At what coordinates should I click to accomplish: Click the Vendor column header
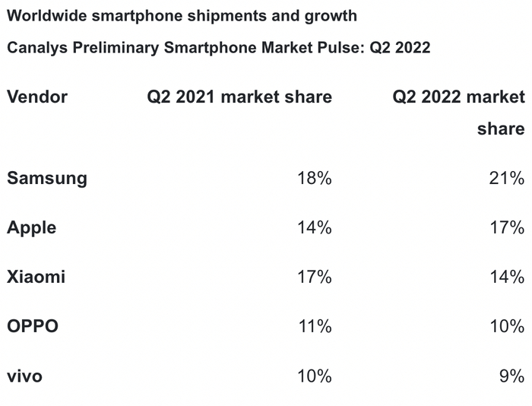tap(37, 97)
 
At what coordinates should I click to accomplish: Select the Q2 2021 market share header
tap(239, 97)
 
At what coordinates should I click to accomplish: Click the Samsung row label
tap(47, 179)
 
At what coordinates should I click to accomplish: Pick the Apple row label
tap(32, 228)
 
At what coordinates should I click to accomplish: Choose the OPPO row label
tap(33, 327)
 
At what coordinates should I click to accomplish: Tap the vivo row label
tap(25, 376)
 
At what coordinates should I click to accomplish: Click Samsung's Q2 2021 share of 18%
tap(314, 179)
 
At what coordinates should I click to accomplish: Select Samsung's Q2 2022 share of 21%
tap(506, 179)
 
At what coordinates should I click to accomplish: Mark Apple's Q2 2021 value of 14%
tap(314, 228)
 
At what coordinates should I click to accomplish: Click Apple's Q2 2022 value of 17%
tap(506, 228)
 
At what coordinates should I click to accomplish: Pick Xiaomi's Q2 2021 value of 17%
tap(314, 278)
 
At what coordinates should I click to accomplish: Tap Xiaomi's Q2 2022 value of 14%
tap(506, 278)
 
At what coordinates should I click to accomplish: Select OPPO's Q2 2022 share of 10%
tap(506, 327)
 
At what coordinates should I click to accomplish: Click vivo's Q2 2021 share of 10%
tap(314, 376)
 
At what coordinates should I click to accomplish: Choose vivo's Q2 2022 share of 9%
tap(511, 376)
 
